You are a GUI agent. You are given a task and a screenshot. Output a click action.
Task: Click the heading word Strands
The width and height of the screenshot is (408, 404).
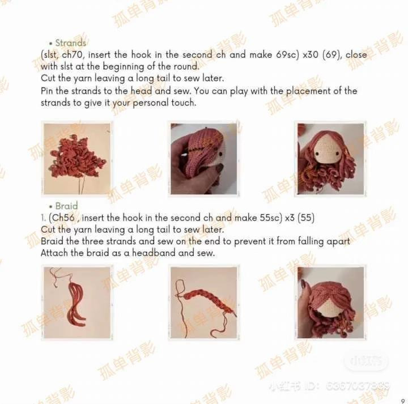(71, 43)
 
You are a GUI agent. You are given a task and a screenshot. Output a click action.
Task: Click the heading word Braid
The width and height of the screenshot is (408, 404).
(66, 206)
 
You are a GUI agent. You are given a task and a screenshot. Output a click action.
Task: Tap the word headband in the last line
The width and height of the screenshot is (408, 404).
(154, 253)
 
